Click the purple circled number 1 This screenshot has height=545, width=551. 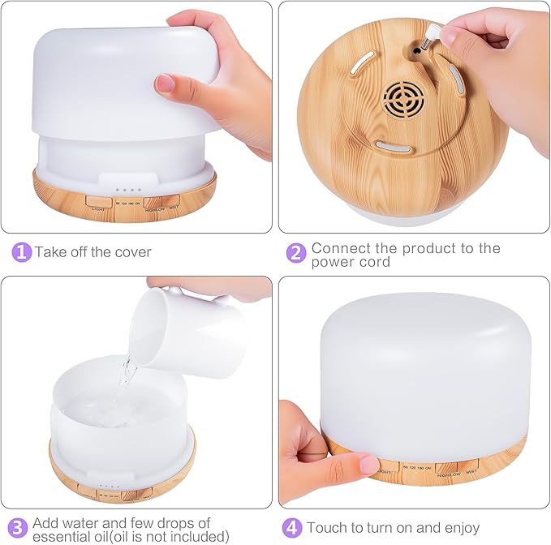tap(22, 251)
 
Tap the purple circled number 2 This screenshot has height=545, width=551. tap(296, 252)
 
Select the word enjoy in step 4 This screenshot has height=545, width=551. tap(458, 528)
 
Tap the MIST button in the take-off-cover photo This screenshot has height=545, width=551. tap(172, 203)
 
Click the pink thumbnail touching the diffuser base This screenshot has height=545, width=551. tap(369, 465)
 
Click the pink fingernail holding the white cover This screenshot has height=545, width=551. tap(166, 82)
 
